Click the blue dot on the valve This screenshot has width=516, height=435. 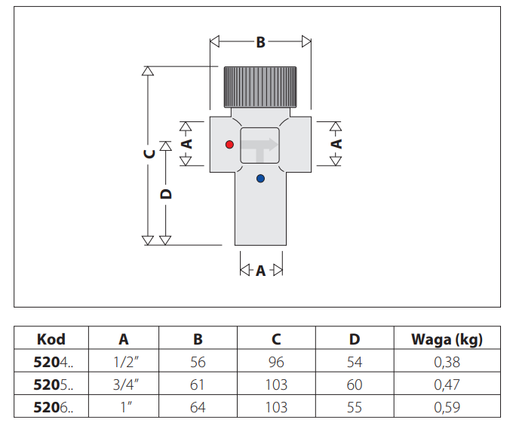(260, 179)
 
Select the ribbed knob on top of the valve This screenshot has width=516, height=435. (260, 86)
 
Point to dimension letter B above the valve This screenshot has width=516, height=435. (260, 42)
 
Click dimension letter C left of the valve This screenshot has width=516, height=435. (149, 152)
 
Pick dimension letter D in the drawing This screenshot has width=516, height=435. (167, 193)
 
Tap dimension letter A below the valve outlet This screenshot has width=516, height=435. (260, 271)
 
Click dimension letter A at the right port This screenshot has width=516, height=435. (337, 142)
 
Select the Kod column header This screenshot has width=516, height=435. (51, 339)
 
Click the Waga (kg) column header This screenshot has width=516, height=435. (447, 339)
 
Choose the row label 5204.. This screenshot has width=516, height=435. (53, 363)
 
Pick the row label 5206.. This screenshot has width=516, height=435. (53, 408)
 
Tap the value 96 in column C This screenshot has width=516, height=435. (276, 363)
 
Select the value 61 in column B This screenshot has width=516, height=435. (198, 385)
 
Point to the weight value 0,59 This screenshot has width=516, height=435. (447, 408)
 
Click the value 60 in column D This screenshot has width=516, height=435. (355, 385)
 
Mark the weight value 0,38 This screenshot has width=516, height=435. (447, 363)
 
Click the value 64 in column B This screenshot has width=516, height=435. (198, 408)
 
